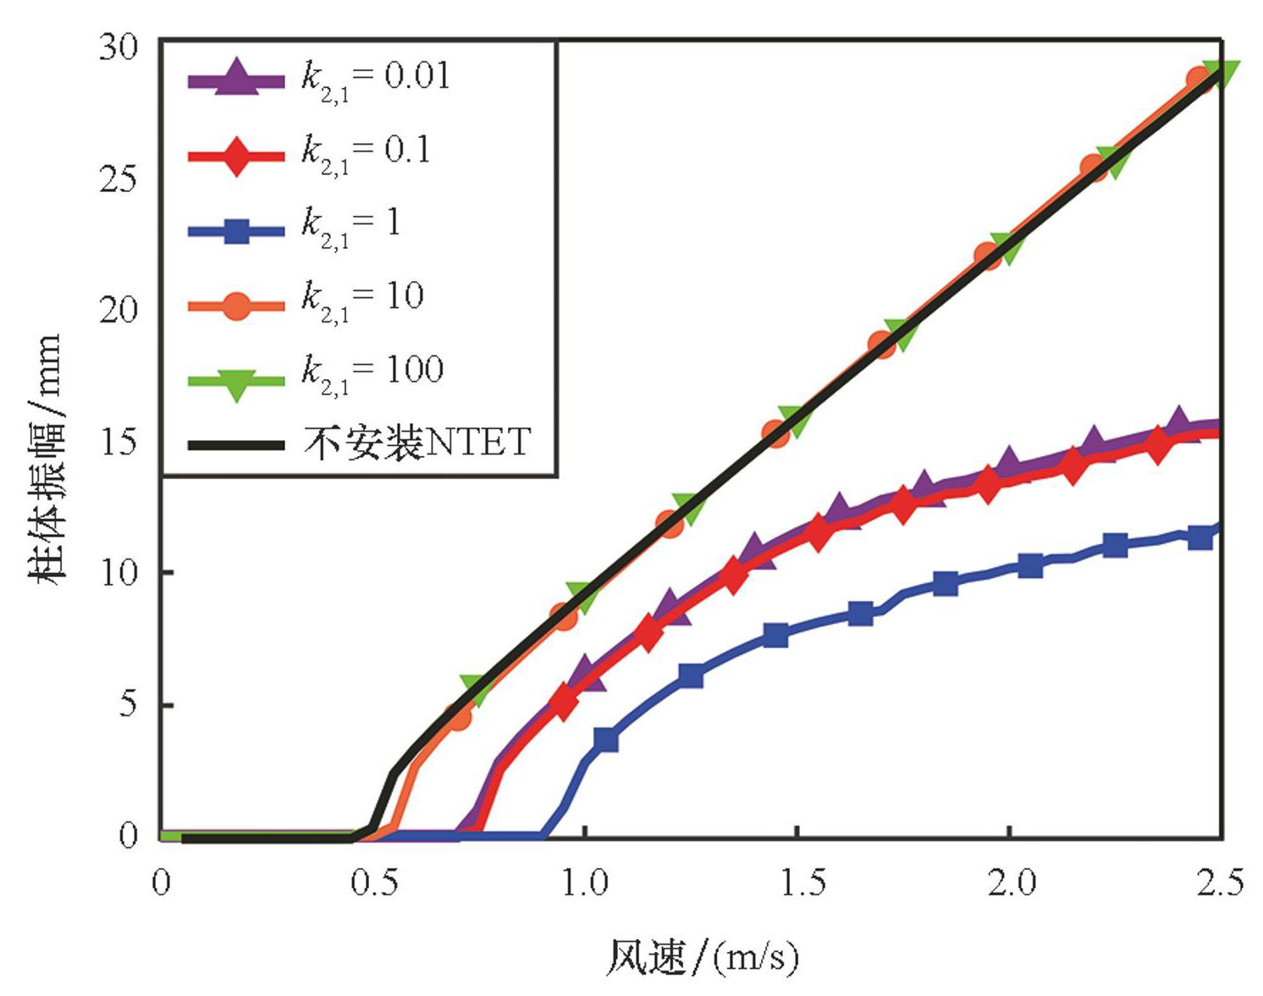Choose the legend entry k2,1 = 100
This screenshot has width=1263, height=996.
[x=372, y=373]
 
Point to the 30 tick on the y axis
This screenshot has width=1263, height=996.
[x=119, y=47]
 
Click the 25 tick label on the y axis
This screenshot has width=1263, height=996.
[x=119, y=179]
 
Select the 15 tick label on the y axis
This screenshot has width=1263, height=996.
[x=119, y=442]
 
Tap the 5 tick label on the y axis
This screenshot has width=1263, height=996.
[x=128, y=704]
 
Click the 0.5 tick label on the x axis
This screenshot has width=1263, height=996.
[x=374, y=883]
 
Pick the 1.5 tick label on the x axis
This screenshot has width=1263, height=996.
[x=800, y=883]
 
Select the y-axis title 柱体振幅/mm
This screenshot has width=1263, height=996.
[x=47, y=457]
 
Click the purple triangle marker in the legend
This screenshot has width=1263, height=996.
[x=236, y=78]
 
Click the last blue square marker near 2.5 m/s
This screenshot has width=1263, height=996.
[x=1200, y=537]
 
